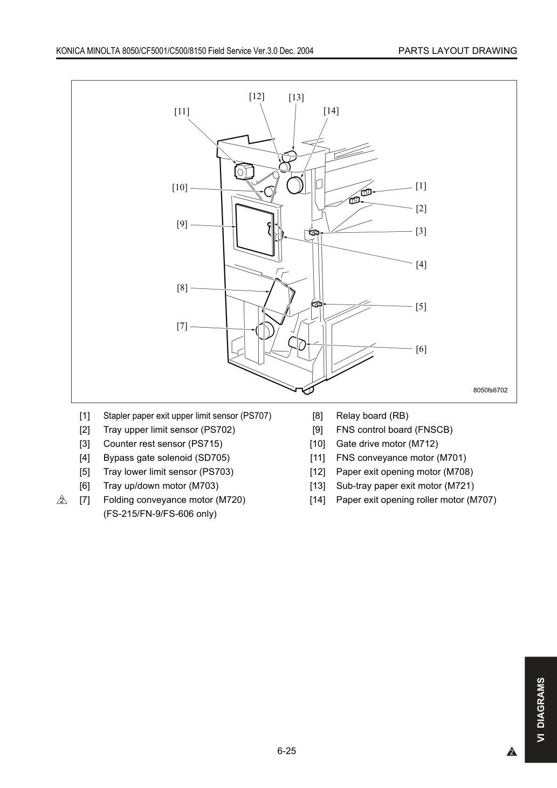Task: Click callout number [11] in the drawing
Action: [x=182, y=112]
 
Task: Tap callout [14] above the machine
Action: [x=331, y=111]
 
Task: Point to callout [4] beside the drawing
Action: [x=421, y=264]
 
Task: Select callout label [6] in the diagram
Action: [x=421, y=349]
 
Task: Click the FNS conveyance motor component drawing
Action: [x=244, y=171]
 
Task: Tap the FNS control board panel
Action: [x=255, y=230]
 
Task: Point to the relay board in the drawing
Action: [x=279, y=301]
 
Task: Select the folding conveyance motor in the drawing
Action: [x=265, y=330]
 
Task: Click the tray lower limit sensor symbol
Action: [x=317, y=303]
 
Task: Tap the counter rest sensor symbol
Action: [x=314, y=232]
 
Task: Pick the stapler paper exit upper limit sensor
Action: [x=366, y=192]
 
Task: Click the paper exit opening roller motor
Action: [x=295, y=185]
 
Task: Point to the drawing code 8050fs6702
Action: [x=490, y=390]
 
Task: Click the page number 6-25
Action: [x=287, y=751]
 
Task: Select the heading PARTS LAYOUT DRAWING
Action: [x=458, y=51]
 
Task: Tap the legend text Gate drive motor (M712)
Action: [x=387, y=444]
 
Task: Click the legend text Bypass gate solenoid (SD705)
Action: [x=167, y=458]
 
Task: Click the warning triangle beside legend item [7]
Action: [x=61, y=500]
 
